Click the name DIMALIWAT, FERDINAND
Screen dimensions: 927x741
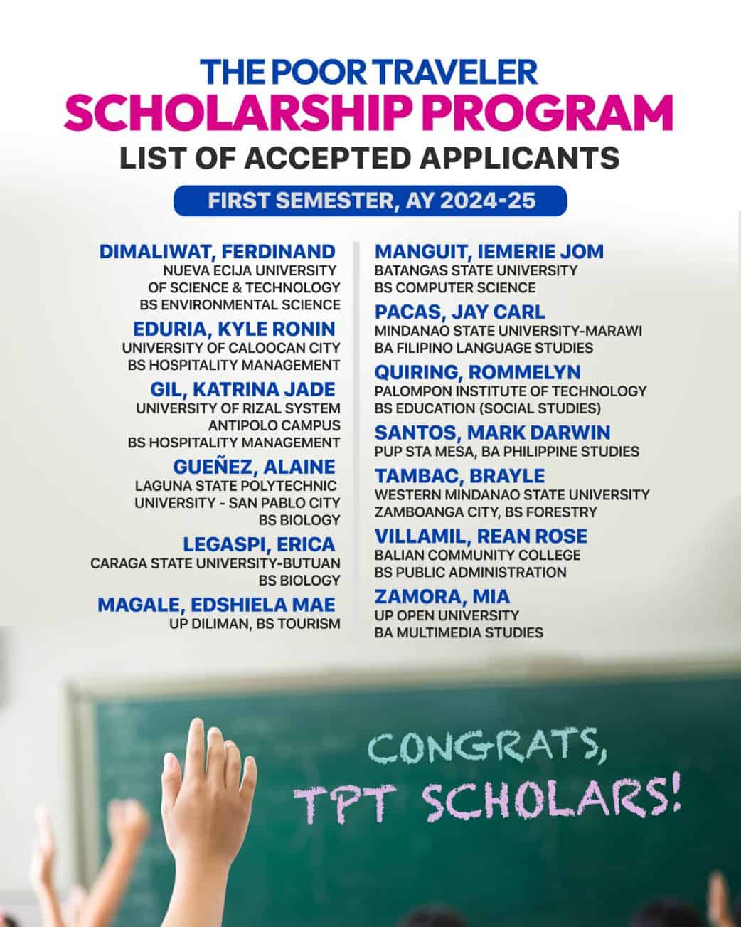[217, 252]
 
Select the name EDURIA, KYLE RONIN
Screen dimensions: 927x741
[234, 329]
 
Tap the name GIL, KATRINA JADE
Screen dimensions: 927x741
[242, 390]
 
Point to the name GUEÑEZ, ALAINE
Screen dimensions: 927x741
[254, 467]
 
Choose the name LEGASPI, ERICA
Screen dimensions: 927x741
[259, 545]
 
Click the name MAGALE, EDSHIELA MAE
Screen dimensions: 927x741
[216, 605]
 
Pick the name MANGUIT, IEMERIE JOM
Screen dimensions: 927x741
[489, 252]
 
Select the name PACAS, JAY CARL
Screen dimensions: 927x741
[460, 312]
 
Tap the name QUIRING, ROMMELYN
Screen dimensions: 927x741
[478, 373]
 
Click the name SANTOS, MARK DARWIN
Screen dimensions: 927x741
[492, 433]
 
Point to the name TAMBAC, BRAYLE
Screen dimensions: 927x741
[459, 476]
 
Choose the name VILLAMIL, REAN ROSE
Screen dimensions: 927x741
[481, 536]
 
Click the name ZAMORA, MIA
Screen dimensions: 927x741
[442, 597]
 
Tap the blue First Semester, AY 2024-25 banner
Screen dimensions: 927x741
[370, 201]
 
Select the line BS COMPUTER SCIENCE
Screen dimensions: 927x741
[455, 288]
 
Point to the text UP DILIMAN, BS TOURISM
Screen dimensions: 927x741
[255, 624]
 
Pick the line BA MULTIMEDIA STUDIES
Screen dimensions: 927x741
[459, 632]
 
